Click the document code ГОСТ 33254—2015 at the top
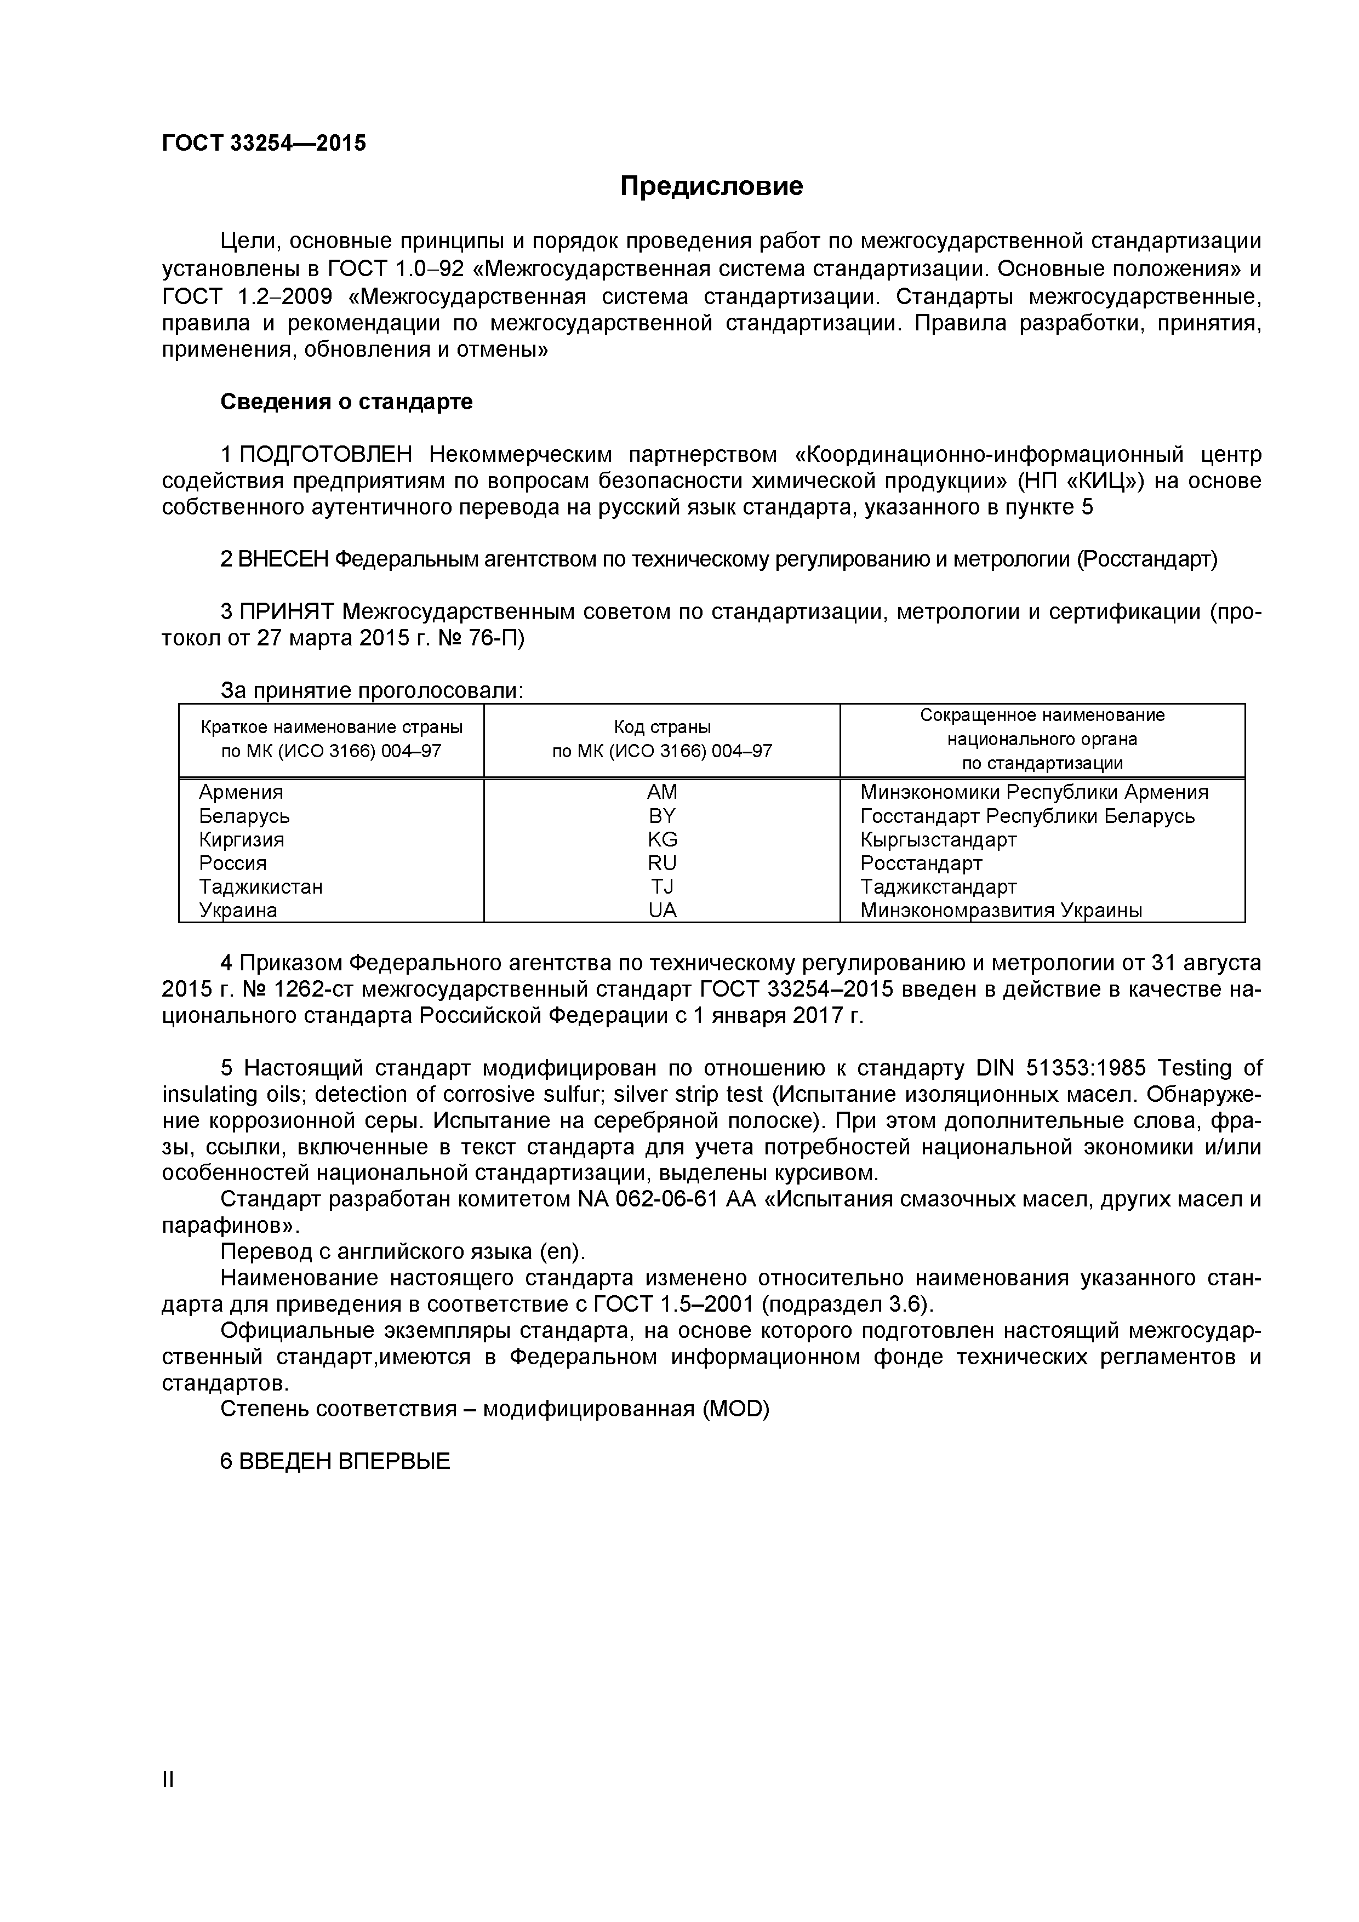(264, 143)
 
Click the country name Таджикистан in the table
(260, 886)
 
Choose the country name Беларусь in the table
(244, 816)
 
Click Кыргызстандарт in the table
(938, 839)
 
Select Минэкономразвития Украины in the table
(1001, 910)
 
